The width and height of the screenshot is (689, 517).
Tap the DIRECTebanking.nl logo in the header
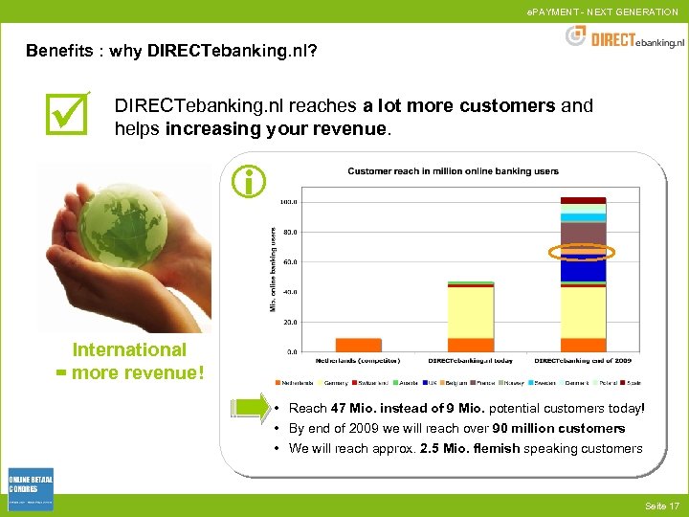(x=627, y=37)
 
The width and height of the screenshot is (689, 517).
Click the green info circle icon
(x=249, y=180)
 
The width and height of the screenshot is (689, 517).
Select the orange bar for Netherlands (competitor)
(x=359, y=345)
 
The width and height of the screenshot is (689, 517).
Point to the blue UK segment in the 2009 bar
(x=583, y=270)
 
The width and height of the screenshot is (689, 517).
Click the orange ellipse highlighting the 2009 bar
(x=582, y=252)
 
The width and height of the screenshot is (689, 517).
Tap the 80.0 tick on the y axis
(x=288, y=232)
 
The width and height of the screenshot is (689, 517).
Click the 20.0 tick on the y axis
(x=288, y=322)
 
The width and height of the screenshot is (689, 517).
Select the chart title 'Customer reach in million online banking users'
(x=453, y=171)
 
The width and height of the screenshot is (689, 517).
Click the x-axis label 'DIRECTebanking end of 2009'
(x=584, y=361)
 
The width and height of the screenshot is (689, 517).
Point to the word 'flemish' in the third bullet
(x=494, y=448)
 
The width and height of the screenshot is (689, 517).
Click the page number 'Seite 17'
(x=661, y=506)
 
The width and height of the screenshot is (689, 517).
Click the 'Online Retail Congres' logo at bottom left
(x=31, y=489)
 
